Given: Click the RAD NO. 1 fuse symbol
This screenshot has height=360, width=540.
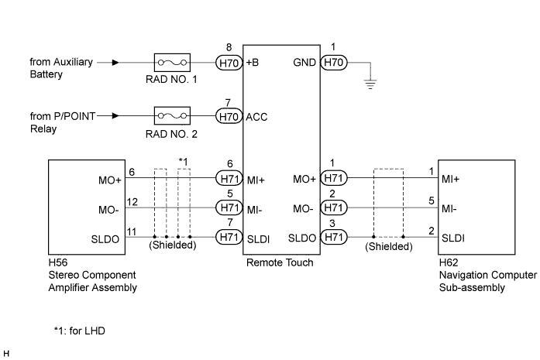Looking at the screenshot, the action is point(172,63).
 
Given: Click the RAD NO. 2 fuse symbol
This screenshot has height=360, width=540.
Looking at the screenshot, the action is point(172,115).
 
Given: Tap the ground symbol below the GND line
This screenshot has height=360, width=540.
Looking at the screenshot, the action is point(370,84).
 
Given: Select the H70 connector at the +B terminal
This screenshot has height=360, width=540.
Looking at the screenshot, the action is point(229,63).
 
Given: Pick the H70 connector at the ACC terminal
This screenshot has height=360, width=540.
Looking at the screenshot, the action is point(229,116).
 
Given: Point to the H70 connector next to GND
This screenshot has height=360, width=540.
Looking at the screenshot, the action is point(334,63).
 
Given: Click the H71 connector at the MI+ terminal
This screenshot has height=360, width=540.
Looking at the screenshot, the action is point(229,178).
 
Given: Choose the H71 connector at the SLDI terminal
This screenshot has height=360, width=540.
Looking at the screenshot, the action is point(229,237).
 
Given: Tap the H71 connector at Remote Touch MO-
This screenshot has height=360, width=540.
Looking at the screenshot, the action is point(334,208).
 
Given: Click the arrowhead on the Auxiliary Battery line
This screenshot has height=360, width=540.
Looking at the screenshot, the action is point(115,63).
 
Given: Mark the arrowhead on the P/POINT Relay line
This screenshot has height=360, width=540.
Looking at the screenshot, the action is point(115,115).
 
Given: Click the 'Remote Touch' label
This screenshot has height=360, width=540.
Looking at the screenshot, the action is point(280,262).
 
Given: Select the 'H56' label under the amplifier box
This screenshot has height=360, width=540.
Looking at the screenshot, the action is point(58,262).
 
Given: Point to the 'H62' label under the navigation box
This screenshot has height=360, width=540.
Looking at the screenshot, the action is point(449,262).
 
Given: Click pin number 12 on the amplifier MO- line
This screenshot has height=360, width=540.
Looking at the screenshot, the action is point(132,202).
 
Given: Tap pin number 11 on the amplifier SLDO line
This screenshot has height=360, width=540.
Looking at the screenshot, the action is point(132,231).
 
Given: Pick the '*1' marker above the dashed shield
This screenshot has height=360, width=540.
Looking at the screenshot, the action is point(184,161).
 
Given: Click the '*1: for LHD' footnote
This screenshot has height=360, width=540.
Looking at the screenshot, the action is point(80,331).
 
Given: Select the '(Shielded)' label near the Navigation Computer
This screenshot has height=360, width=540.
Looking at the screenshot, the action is point(389,246).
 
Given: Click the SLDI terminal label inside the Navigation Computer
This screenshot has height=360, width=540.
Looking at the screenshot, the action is point(453,238).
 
